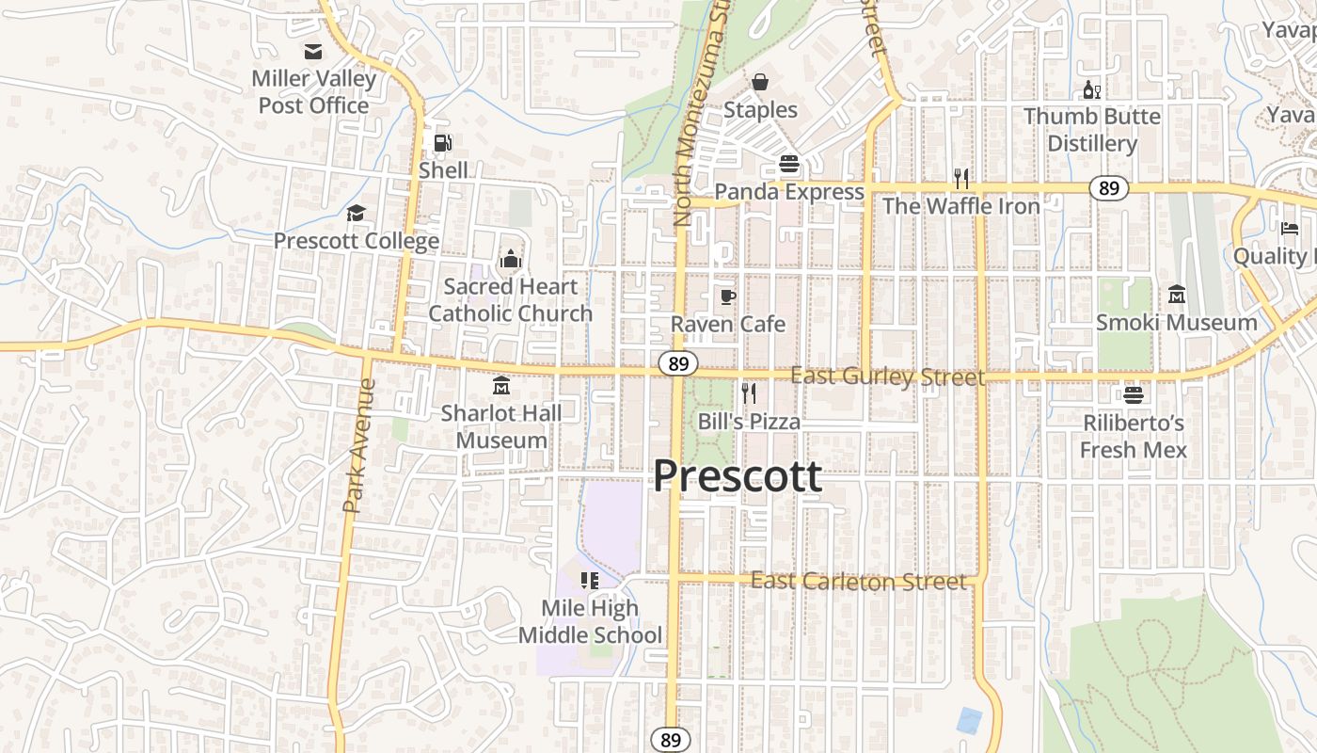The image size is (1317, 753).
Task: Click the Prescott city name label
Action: point(738,475)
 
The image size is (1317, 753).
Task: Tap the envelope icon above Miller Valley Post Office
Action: point(312,52)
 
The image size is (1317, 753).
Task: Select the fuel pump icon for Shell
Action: point(442,143)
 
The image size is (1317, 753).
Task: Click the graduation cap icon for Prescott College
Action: point(356,213)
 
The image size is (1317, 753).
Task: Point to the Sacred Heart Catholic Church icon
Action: point(510,258)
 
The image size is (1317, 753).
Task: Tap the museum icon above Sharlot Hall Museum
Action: point(500,385)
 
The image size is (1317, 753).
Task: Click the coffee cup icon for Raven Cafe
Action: point(727,296)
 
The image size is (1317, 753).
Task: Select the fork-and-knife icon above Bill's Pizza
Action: point(749,393)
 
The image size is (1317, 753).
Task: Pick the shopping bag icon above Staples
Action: point(760,82)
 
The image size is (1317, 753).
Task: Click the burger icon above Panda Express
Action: point(788,164)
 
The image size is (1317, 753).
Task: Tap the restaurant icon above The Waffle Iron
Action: point(960,178)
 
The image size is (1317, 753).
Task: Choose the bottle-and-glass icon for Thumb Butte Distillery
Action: point(1091,89)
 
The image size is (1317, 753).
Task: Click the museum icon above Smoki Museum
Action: point(1176,295)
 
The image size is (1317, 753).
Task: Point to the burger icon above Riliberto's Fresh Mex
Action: point(1133,394)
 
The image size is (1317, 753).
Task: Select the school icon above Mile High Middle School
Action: point(590,580)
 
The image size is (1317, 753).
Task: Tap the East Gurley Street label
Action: point(887,377)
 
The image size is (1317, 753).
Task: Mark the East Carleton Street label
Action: point(858,582)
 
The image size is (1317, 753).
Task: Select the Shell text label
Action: point(443,170)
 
